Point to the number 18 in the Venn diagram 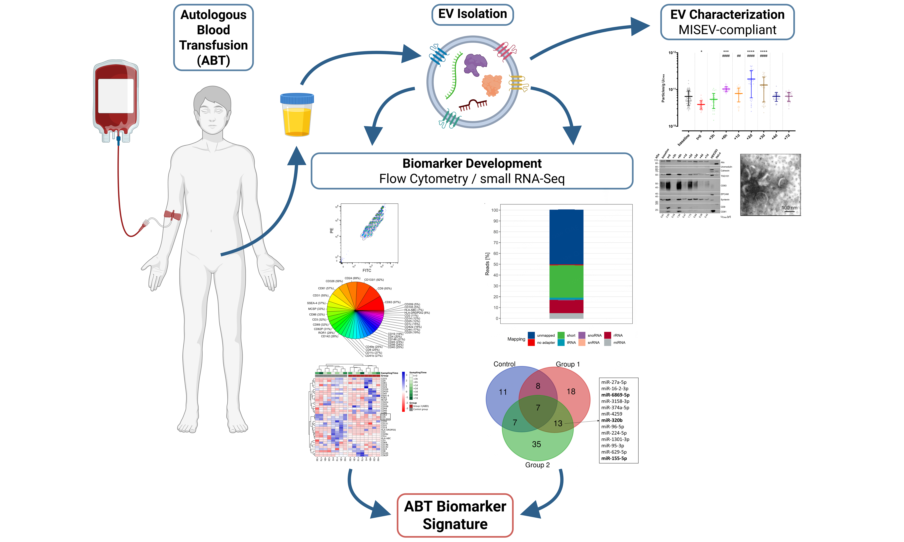[x=571, y=391]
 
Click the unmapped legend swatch [x=531, y=335]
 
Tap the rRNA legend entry [x=618, y=335]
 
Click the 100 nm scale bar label [x=789, y=207]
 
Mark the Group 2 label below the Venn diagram [x=537, y=465]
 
